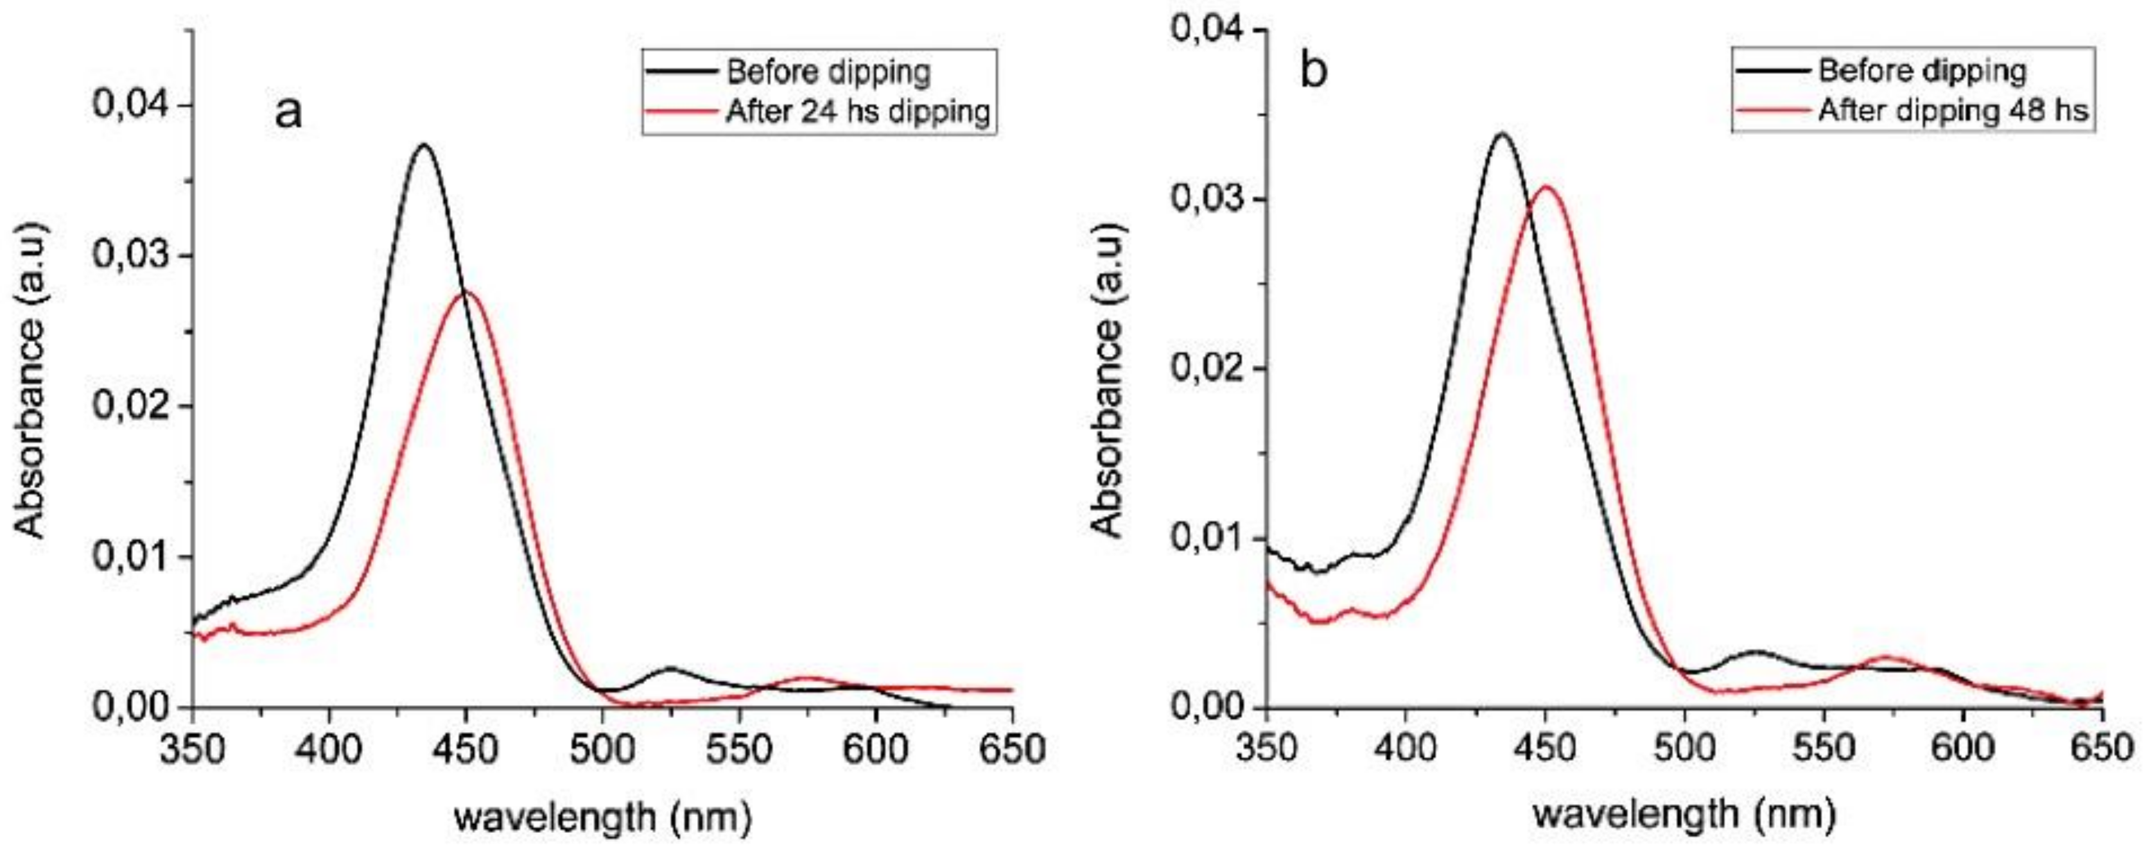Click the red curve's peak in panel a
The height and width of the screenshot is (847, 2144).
coord(466,292)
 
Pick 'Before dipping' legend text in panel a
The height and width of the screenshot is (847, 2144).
coord(828,73)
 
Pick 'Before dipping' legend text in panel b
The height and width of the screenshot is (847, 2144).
coord(1922,71)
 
